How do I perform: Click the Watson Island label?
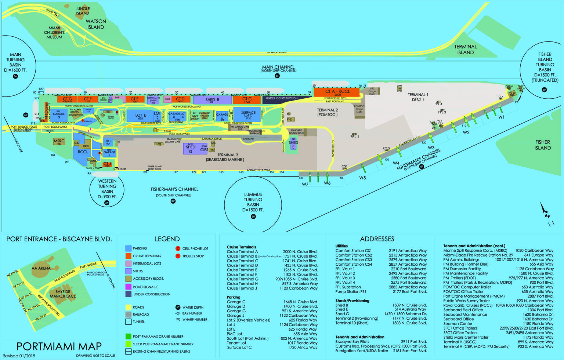[95, 24]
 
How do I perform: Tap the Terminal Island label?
[465, 50]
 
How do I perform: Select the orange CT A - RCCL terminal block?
[337, 92]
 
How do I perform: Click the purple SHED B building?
[212, 100]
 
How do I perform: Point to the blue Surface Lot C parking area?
[248, 115]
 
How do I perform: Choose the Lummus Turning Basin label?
[253, 202]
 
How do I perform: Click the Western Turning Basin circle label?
[107, 189]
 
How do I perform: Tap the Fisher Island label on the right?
[542, 145]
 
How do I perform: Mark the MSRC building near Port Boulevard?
[59, 142]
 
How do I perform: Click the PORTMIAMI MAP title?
[59, 346]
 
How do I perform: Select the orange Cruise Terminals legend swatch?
[128, 256]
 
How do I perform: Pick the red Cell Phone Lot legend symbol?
[178, 248]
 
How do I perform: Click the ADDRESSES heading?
[377, 239]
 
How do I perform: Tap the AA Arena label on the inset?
[41, 268]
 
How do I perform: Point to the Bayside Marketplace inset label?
[63, 294]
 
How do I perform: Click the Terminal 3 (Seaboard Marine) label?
[225, 157]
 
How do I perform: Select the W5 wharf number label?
[362, 178]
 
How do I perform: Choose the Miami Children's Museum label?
[54, 32]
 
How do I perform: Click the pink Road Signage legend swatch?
[128, 287]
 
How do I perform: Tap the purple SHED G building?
[191, 149]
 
